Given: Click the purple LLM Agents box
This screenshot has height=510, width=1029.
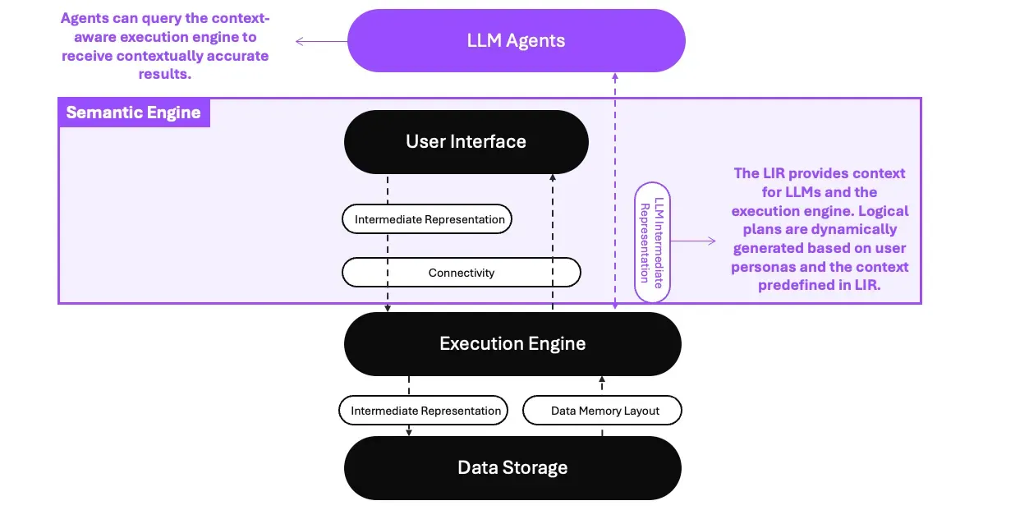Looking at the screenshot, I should pos(516,40).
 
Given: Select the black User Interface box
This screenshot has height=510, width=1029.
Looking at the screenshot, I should pos(466,141).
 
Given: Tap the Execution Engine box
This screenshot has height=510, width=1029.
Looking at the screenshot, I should pos(512,343).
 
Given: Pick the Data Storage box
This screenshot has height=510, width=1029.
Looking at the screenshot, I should pos(512,468).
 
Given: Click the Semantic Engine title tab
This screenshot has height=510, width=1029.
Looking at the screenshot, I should pos(133,113).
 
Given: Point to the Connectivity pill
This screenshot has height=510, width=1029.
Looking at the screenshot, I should pos(461,273).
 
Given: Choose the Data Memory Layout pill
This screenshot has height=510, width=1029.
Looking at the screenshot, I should pos(604,411).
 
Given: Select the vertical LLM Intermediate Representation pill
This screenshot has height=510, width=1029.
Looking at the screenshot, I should pos(652,242).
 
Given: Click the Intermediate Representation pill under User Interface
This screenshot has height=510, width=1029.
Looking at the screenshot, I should pos(429,219).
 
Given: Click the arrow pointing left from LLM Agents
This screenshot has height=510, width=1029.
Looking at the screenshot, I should pos(320,40).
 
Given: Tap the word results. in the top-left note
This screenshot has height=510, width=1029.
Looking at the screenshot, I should pos(164,75).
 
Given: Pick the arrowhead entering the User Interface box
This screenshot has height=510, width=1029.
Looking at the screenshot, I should pos(553,177).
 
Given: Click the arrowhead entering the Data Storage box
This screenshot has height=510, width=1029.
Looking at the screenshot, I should pos(409,432).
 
